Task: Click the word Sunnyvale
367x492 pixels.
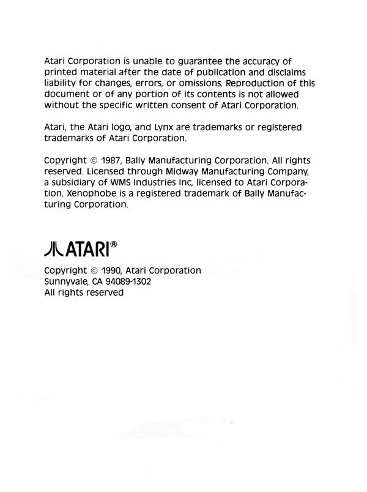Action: [68, 281]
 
